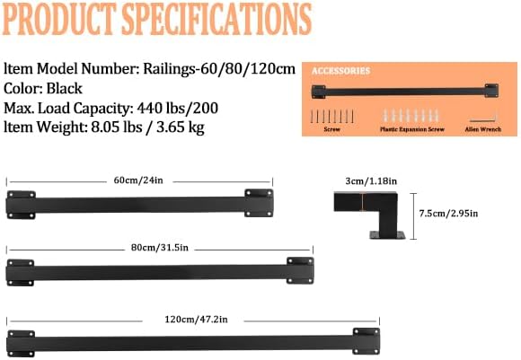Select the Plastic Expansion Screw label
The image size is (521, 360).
click(x=411, y=129)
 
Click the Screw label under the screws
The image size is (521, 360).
click(x=331, y=129)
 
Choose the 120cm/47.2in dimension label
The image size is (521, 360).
click(x=193, y=318)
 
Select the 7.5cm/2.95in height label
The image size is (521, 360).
click(x=448, y=213)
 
